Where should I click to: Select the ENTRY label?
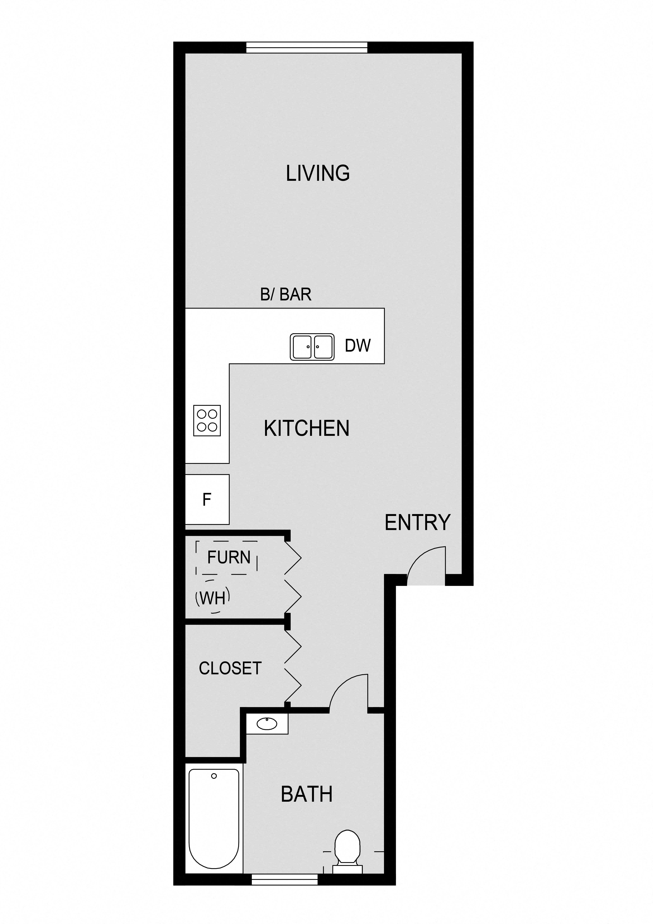[417, 523]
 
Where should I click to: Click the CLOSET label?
[230, 668]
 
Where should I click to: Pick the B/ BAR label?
[286, 295]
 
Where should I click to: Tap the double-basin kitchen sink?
[312, 347]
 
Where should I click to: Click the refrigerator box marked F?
[207, 499]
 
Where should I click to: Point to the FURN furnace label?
[229, 557]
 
